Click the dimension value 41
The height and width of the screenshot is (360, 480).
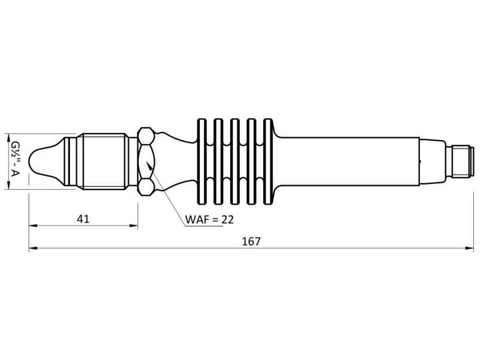coord(83,219)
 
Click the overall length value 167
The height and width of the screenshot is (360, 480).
coord(251,241)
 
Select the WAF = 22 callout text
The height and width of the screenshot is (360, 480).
coord(209,219)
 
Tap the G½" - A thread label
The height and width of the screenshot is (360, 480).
coord(15,159)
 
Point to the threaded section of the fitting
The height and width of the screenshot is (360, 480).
coord(104,161)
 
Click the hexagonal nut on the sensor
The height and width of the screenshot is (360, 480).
coord(146,161)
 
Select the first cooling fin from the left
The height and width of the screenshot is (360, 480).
coord(202,161)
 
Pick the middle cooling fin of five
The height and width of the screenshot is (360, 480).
coord(235,161)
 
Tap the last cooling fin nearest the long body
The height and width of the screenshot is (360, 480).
coord(268,161)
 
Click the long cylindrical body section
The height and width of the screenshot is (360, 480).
coord(349,161)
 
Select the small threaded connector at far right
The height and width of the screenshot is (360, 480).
coord(461,161)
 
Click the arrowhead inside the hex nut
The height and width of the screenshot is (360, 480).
coord(150,166)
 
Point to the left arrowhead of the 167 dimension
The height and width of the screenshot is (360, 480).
coord(33,248)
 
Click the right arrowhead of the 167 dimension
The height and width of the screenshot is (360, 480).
coord(469,248)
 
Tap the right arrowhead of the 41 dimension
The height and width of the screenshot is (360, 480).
coord(134,225)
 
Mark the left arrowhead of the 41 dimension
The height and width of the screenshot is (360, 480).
coord(33,225)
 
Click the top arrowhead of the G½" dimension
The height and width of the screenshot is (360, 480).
coord(8,138)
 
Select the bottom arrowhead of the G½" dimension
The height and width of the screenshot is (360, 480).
coord(8,185)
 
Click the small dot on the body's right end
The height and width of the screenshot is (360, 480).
coord(420,161)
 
